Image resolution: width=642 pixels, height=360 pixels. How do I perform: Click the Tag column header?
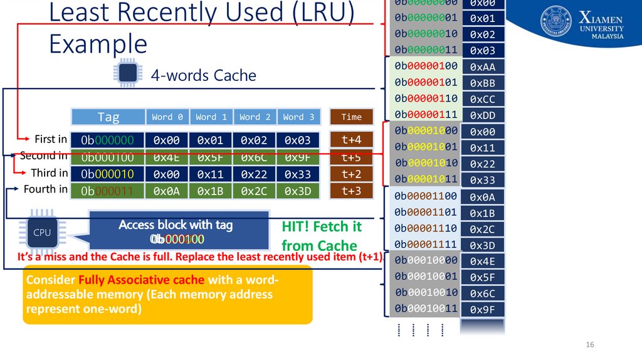tap(108, 117)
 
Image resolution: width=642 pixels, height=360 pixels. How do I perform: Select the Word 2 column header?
tap(255, 117)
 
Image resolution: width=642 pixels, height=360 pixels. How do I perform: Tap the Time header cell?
tap(351, 117)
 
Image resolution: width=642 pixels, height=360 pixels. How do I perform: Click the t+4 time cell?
tap(351, 139)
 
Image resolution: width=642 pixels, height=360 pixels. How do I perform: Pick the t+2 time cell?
tap(351, 174)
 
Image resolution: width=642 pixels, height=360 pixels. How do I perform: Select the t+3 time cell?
tap(351, 191)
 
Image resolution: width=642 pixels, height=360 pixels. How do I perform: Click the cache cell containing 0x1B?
tap(211, 191)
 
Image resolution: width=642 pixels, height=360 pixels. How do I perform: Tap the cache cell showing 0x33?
tap(298, 174)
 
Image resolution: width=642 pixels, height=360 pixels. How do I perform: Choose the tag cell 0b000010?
tap(108, 174)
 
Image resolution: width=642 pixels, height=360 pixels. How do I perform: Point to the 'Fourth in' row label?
tap(45, 189)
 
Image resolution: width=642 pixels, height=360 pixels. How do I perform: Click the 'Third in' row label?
tap(49, 172)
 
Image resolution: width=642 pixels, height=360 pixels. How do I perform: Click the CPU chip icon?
tap(42, 232)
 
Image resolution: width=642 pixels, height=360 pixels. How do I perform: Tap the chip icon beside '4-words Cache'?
tap(126, 74)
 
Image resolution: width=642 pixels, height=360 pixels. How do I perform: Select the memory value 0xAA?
tap(482, 67)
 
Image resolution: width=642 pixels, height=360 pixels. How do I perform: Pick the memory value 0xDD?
tap(482, 115)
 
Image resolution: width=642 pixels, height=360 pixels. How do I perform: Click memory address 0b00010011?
tap(426, 309)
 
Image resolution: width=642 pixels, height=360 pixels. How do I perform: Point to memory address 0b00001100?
tap(426, 196)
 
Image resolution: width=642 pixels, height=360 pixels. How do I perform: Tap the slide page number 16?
tap(589, 346)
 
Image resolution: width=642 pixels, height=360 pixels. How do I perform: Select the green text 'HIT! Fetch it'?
tap(322, 226)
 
